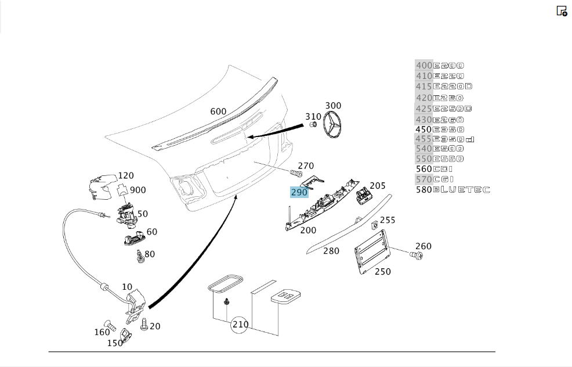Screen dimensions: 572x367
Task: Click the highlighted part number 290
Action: pyautogui.click(x=299, y=192)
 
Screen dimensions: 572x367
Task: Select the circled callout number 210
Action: pyautogui.click(x=240, y=324)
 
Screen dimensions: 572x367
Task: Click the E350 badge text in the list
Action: pyautogui.click(x=448, y=129)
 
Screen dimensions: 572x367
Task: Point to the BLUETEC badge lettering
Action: pyautogui.click(x=461, y=189)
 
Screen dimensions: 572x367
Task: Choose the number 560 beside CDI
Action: pyautogui.click(x=424, y=169)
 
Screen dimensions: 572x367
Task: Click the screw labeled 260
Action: pyautogui.click(x=416, y=256)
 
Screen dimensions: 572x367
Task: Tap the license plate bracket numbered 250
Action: pyautogui.click(x=372, y=251)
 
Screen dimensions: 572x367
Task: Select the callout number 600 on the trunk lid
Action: pyautogui.click(x=218, y=111)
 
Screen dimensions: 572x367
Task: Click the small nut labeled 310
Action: pyautogui.click(x=313, y=124)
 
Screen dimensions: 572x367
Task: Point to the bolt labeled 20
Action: pyautogui.click(x=144, y=324)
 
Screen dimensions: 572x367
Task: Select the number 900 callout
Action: pyautogui.click(x=138, y=190)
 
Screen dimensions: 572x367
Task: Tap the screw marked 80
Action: pyautogui.click(x=139, y=257)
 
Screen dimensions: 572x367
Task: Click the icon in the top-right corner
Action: pyautogui.click(x=562, y=11)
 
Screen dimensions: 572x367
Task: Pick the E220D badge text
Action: pyautogui.click(x=452, y=87)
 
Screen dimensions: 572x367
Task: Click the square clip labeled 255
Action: pyautogui.click(x=374, y=225)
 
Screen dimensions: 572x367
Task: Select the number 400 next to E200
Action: pyautogui.click(x=424, y=66)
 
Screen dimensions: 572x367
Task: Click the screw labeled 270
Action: pyautogui.click(x=296, y=172)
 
